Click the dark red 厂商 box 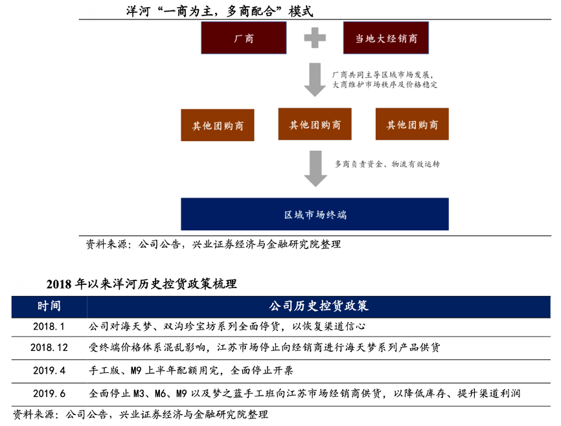coord(244,38)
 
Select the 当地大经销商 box coord(385,38)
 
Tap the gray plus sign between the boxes coord(315,38)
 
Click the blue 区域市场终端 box coord(315,214)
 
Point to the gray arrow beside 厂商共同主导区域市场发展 coord(315,80)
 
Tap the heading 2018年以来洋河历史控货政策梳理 coord(142,284)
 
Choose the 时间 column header coord(49,306)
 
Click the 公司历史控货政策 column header coord(319,306)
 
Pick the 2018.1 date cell coord(49,326)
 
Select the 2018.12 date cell coord(49,348)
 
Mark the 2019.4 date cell coord(49,370)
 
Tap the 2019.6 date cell coord(49,393)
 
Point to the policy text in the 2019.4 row coord(191,370)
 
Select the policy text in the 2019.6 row coord(304,393)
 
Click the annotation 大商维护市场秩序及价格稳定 coord(385,85)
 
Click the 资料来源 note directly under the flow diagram coord(213,245)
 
